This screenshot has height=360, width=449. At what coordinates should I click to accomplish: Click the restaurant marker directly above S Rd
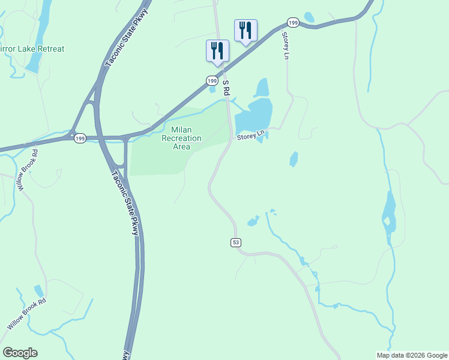coord(216,50)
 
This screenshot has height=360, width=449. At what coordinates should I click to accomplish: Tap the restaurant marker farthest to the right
coord(246,29)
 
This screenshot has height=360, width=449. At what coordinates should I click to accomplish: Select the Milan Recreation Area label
coord(181,138)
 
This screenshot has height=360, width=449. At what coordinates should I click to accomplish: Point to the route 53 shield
coord(235,242)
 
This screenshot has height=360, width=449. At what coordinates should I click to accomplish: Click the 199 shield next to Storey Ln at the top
coord(292,23)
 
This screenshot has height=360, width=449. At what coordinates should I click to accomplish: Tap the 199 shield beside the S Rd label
coord(212,80)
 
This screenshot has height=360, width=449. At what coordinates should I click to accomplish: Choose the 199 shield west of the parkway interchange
coord(80,139)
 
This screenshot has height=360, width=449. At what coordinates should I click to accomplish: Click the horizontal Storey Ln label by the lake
coord(250,137)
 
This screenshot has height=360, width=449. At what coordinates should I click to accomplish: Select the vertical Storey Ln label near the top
coord(286,46)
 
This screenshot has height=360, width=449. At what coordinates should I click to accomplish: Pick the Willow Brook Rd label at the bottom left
coord(26,314)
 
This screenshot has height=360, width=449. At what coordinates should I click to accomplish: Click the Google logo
coord(20,353)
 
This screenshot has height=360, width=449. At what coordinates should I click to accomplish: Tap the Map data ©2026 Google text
coord(412,355)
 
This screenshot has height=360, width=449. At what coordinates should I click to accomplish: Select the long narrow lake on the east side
coord(389,216)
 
